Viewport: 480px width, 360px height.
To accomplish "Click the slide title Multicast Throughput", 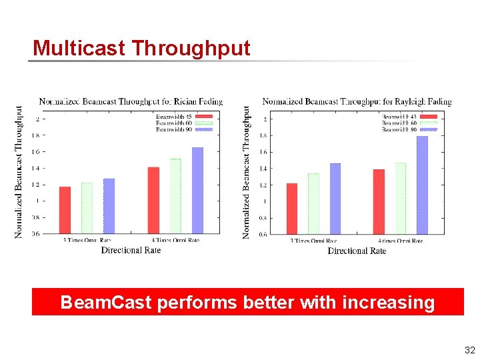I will pos(141,48).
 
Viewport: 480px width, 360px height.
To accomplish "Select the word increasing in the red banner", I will pos(388,303).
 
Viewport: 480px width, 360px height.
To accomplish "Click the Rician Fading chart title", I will pos(131,101).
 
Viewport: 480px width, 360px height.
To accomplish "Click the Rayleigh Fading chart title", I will pos(357,101).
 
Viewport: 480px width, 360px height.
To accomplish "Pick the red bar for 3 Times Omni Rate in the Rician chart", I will pos(65,210).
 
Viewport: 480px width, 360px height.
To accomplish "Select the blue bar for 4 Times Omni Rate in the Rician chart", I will pos(197,190).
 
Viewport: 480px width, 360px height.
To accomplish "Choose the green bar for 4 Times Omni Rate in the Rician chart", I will pos(175,196).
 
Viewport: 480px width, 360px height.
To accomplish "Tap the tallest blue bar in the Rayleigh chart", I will pos(422,185).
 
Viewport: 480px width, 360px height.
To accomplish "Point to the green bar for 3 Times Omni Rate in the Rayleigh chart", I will pos(313,204).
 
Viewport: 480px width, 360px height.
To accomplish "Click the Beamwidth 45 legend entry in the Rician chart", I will pos(183,116).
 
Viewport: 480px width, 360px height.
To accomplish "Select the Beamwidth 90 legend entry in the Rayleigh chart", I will pos(408,130).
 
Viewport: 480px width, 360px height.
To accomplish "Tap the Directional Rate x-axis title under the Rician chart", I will pos(131,250).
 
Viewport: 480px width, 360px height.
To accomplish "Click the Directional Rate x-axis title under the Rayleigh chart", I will pos(357,251).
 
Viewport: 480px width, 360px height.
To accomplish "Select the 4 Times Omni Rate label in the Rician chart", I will pos(175,240).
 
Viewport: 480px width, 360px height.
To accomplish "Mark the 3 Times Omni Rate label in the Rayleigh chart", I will pos(313,241).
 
